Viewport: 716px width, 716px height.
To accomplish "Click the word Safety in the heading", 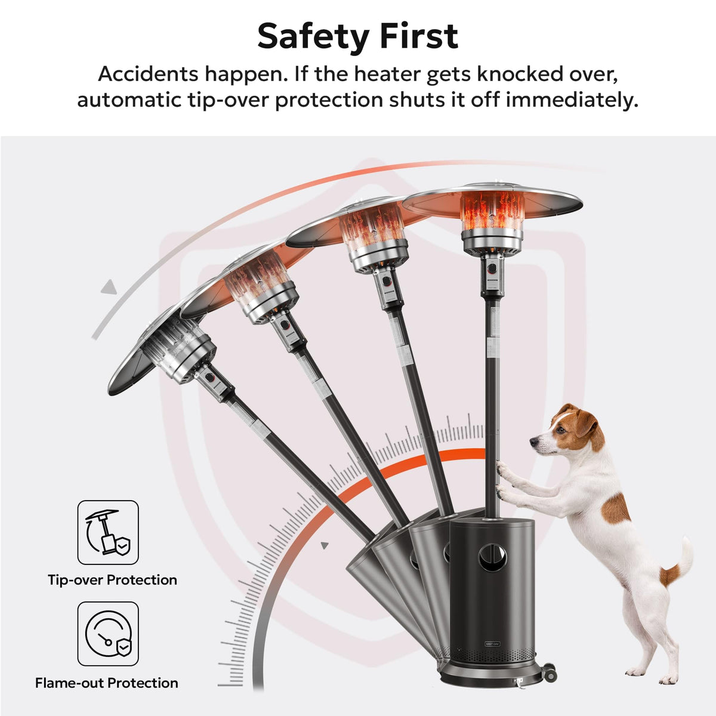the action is (313, 36).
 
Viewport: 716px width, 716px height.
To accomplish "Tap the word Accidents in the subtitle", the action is (148, 74).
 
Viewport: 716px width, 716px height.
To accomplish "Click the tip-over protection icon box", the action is (108, 532).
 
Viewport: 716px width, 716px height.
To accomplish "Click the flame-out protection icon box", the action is (108, 634).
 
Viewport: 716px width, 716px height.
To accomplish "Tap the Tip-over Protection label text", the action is (112, 580).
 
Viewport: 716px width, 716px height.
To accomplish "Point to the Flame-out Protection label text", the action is (107, 683).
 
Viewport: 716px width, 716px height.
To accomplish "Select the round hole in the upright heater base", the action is (492, 557).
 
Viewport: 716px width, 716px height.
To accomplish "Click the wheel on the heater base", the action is (548, 672).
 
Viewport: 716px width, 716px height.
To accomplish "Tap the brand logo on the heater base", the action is (492, 644).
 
